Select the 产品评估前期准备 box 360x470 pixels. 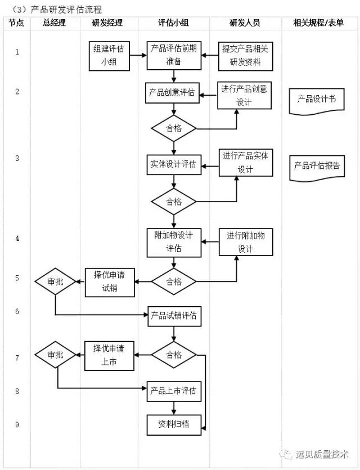(x=173, y=56)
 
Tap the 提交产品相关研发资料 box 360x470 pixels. (x=245, y=56)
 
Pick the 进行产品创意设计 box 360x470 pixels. (x=245, y=96)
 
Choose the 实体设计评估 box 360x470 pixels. (x=173, y=164)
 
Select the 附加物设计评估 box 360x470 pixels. (x=173, y=241)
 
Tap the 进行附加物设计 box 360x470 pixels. (x=245, y=242)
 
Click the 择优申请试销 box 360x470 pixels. (x=110, y=282)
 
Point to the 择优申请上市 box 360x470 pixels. (x=110, y=355)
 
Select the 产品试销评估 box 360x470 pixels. (x=173, y=317)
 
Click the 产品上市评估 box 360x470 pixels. (x=173, y=391)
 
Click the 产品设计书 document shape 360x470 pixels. (x=316, y=100)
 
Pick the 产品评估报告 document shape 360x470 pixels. (x=316, y=167)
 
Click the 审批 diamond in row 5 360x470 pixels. (x=55, y=282)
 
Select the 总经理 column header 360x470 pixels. (x=54, y=23)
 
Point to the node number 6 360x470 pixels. (x=17, y=311)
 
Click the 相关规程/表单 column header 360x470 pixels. (x=318, y=23)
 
